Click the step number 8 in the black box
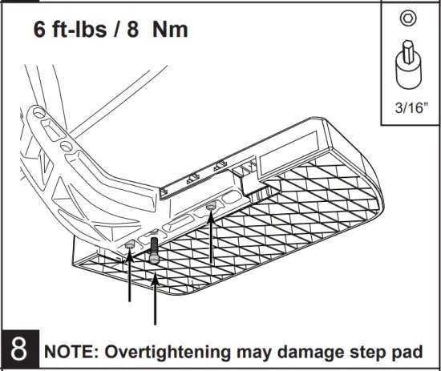pyautogui.click(x=18, y=352)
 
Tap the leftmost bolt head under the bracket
pyautogui.click(x=130, y=244)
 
